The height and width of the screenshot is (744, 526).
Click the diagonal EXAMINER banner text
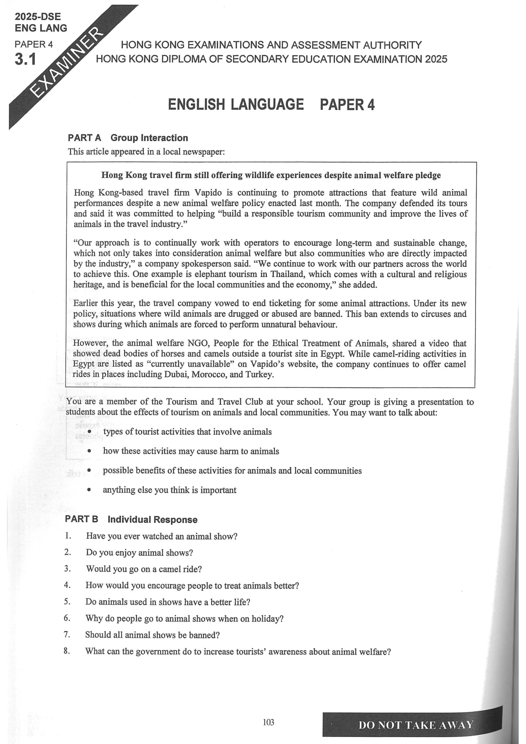pos(68,62)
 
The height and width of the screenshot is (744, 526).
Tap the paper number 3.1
pos(25,59)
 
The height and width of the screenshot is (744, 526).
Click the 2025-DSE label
pos(38,17)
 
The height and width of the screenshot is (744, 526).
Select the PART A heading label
pos(84,138)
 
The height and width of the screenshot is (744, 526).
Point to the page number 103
pos(268,722)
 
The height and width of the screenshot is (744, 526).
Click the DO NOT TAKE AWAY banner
pos(416,725)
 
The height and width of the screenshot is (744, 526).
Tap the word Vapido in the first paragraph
pos(208,192)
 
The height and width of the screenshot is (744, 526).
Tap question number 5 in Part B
pos(67,601)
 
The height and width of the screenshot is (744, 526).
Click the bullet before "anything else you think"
pos(89,490)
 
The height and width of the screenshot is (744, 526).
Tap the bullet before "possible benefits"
pos(89,470)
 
